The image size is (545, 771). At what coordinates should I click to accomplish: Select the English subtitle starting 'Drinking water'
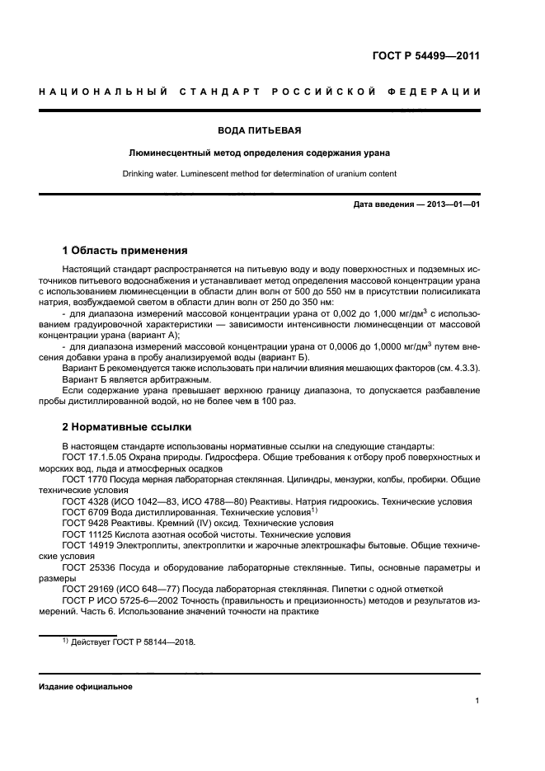click(x=259, y=174)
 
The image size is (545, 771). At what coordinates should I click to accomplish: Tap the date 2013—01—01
click(x=452, y=205)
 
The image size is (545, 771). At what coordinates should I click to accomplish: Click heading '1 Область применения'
click(x=125, y=251)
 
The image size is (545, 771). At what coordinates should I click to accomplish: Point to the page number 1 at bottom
click(x=477, y=701)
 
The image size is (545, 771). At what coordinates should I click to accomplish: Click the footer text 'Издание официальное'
click(x=86, y=686)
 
